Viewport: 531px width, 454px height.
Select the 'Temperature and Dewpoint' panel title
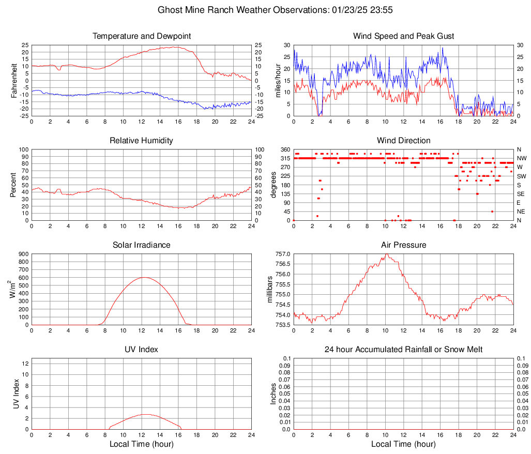pos(142,36)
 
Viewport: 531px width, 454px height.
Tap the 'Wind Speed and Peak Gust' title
pos(403,36)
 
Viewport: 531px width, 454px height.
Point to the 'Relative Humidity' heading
pos(142,141)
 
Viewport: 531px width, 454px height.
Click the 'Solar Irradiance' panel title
pos(142,245)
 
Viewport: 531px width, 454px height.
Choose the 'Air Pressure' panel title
pos(403,245)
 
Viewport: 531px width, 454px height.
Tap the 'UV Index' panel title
pos(142,350)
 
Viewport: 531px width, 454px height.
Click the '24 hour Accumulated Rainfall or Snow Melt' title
pos(403,350)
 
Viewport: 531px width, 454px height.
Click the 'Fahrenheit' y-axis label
pos(14,81)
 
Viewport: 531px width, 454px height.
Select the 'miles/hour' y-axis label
pos(278,81)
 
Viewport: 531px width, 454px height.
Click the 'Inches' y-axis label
pos(274,394)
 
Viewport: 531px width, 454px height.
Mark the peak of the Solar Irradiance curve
pos(143,278)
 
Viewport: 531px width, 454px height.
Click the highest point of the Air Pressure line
pos(386,254)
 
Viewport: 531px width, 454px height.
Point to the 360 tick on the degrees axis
pos(284,150)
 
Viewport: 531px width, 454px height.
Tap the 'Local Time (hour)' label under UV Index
pos(142,444)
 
